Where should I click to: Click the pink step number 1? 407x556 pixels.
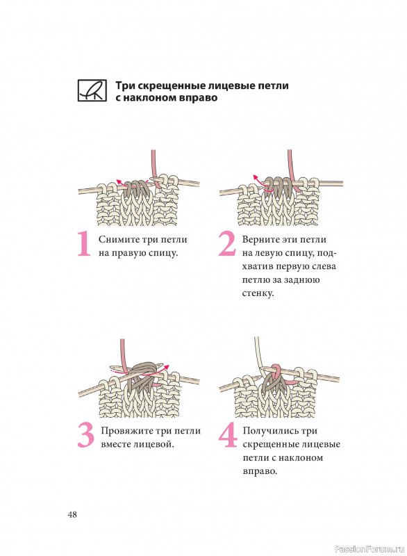click(x=84, y=244)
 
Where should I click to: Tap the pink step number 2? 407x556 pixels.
click(x=227, y=244)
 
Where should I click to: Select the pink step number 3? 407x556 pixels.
click(x=85, y=436)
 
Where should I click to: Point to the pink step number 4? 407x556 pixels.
click(x=228, y=436)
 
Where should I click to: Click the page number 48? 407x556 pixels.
click(x=72, y=514)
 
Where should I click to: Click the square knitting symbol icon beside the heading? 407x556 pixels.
click(x=92, y=91)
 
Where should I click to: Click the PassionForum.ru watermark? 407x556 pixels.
click(x=369, y=549)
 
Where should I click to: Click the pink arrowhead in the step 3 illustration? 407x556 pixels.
click(x=167, y=368)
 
